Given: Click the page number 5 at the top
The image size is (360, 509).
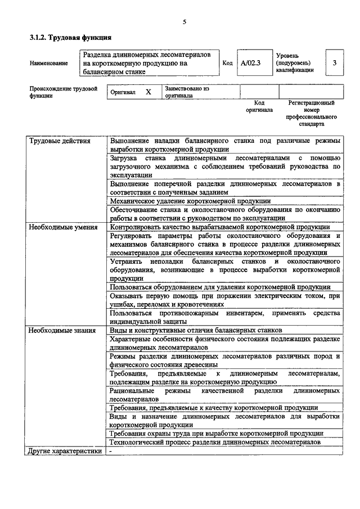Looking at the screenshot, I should pos(184,22).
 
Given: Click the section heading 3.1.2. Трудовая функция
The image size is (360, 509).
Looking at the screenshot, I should pos(70,38).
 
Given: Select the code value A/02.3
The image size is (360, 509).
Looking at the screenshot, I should pos(251,63).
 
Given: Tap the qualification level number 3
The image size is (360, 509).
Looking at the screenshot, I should pos(335,63).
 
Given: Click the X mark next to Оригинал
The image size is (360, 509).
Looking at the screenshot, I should pos(148,92).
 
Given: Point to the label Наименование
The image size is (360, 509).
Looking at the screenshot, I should pos(49,64).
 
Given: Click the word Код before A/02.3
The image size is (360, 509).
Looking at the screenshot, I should pos(228,64).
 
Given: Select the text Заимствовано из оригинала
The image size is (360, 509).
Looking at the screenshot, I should pos(187,92).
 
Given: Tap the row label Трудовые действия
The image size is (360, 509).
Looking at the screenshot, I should pos(59,141).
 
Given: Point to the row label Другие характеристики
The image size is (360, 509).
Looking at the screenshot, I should pos(65,451).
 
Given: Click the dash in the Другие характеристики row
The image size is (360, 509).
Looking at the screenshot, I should pos(111,451).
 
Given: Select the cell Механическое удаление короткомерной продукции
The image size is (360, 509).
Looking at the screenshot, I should pos(190,200).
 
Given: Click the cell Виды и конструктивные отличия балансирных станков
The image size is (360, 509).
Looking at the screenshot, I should pos(196,330).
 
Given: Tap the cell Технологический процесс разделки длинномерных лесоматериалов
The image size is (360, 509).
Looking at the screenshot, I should pos(215,442).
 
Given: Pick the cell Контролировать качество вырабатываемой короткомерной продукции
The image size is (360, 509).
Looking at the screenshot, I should pos(220,227).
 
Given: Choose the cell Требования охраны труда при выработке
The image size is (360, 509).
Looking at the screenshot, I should pos(217,433).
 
